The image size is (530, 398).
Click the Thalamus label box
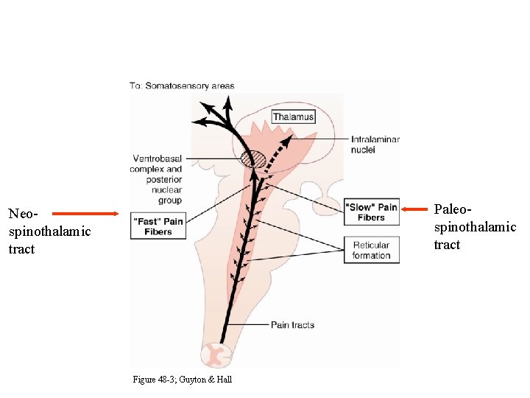(293, 116)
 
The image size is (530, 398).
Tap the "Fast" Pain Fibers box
(158, 226)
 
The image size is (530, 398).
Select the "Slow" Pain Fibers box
(371, 212)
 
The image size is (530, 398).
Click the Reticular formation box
(371, 251)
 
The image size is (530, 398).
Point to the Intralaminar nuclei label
(375, 144)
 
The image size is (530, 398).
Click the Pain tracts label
(292, 325)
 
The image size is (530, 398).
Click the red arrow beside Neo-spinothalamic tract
(85, 214)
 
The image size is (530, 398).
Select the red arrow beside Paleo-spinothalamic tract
(415, 209)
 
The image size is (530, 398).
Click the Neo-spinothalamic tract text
(49, 231)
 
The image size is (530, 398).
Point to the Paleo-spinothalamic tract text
(475, 227)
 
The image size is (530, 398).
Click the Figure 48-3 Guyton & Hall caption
(182, 380)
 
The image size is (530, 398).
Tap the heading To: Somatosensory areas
(182, 85)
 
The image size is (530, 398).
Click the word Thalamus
(293, 116)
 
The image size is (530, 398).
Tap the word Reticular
(371, 245)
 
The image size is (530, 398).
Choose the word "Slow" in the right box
(361, 207)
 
